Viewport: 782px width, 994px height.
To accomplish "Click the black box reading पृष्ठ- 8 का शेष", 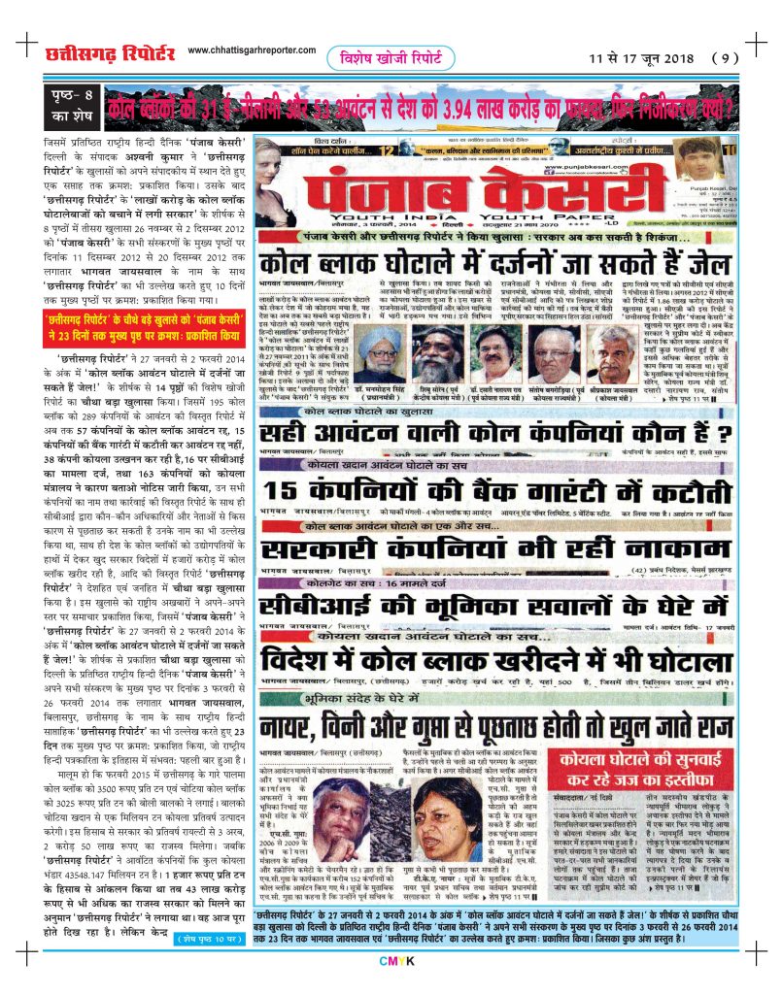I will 71,107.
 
